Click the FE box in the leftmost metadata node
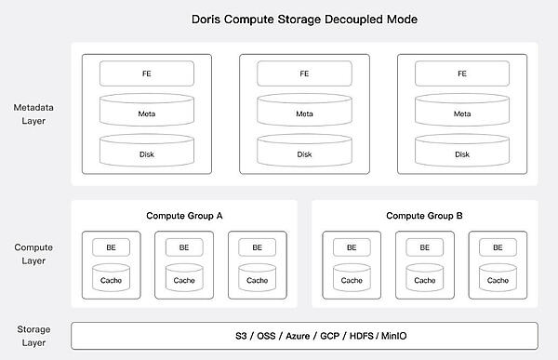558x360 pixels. [x=147, y=73]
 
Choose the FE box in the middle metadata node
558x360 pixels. [x=304, y=73]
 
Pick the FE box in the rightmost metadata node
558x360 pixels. [x=462, y=73]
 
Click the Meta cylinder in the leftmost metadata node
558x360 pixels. [x=147, y=113]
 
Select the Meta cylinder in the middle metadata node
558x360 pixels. [x=304, y=113]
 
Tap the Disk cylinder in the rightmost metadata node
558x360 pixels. [x=462, y=153]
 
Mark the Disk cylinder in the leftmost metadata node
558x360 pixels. [x=147, y=153]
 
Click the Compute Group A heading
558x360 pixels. [x=184, y=216]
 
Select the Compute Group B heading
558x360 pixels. [x=424, y=216]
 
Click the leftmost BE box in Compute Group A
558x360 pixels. [x=112, y=247]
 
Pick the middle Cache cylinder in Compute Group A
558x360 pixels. [x=184, y=278]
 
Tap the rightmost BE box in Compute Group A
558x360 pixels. [x=257, y=247]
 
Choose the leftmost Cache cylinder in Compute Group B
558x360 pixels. [x=352, y=278]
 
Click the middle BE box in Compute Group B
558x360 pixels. [x=424, y=247]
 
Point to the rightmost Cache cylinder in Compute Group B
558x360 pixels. [x=498, y=278]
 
